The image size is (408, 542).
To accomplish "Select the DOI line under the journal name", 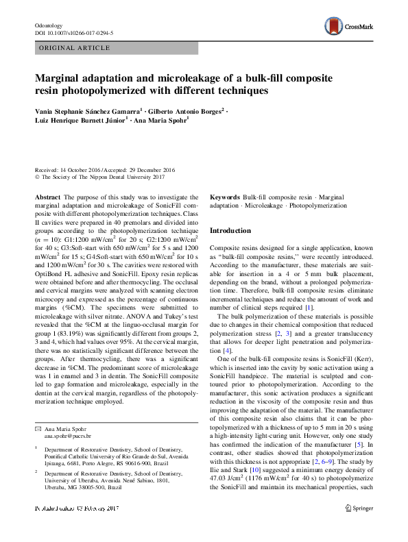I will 73,33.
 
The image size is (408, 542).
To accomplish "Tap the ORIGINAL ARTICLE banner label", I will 74,48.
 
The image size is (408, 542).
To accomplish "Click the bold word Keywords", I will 224,197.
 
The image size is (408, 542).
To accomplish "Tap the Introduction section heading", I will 230,231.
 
